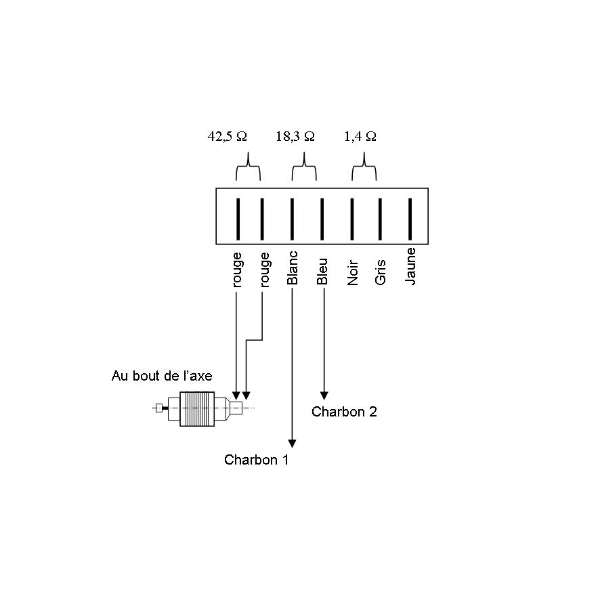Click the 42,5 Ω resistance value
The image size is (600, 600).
point(227,136)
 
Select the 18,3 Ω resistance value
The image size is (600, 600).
point(295,136)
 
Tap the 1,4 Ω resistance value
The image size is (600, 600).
point(360,136)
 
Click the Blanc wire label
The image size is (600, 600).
point(293,269)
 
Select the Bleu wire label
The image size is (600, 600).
point(322,271)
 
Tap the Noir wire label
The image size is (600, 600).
point(352,271)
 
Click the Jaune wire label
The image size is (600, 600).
point(410,266)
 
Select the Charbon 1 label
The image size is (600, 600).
point(257,460)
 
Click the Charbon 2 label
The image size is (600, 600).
point(344,411)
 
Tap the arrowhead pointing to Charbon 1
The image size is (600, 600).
point(292,443)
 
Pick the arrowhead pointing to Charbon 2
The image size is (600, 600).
point(324,395)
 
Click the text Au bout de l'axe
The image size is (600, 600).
point(162,376)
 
